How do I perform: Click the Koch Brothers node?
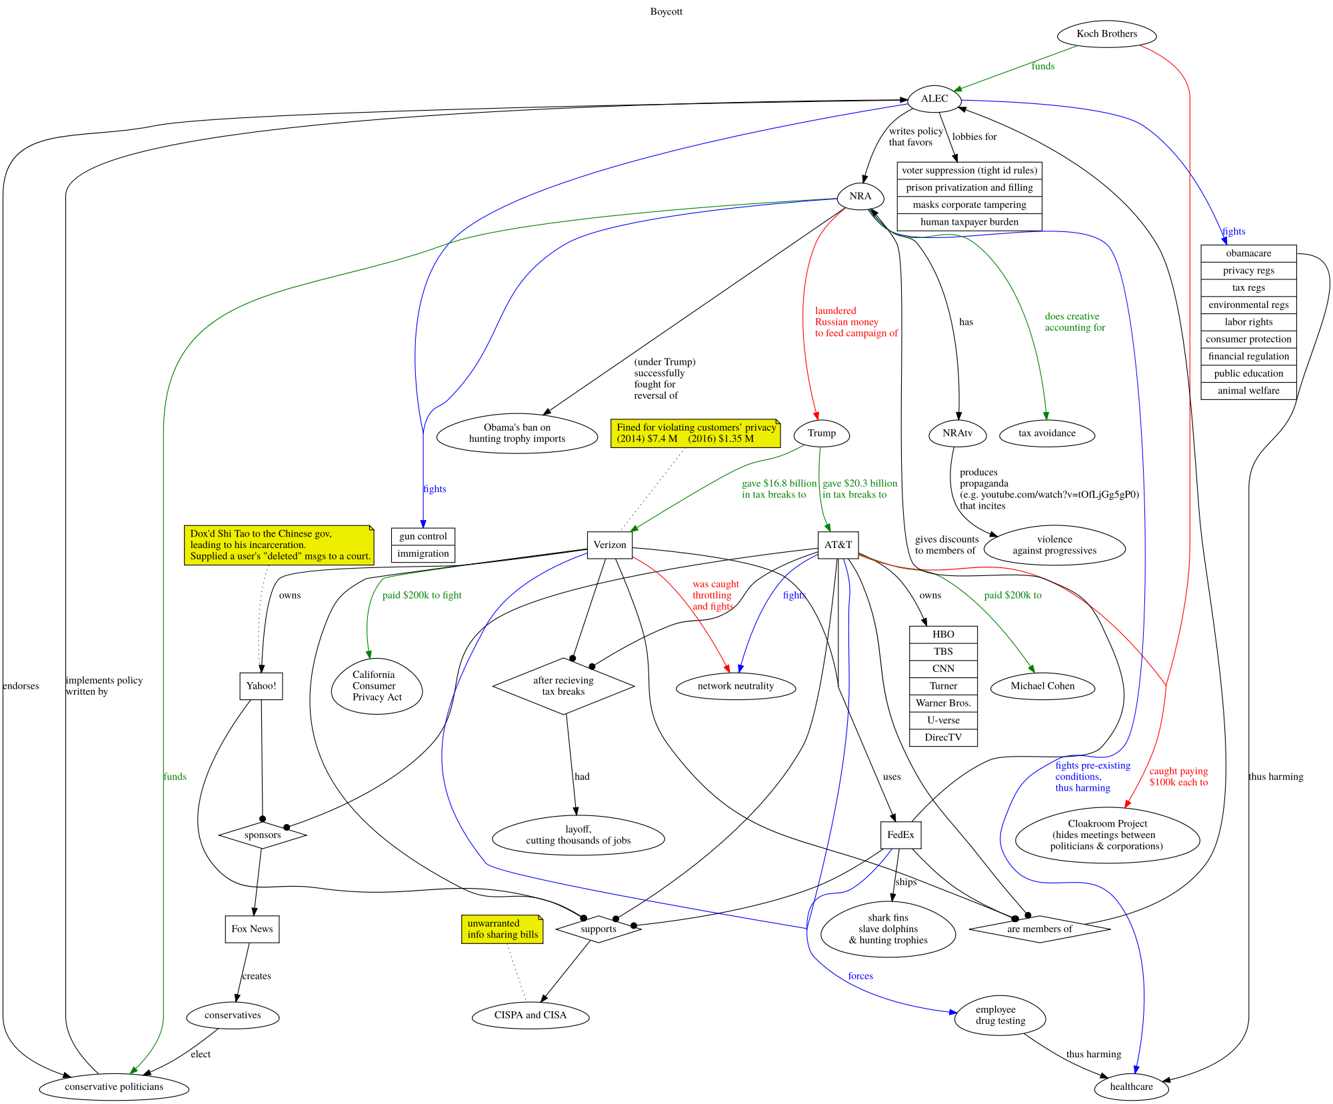coord(1106,34)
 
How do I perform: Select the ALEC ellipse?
coord(934,99)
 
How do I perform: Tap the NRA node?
coord(860,197)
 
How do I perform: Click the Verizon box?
coord(609,545)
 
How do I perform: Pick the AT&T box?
coord(838,545)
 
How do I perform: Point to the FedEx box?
coord(900,835)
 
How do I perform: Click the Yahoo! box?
coord(261,686)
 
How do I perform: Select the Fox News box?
coord(252,929)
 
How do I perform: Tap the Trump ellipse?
coord(821,433)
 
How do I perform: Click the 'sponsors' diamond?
coord(263,835)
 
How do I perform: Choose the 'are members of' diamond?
coord(1039,929)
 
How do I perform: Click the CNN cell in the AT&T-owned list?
coord(943,669)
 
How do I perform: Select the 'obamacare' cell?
coord(1248,253)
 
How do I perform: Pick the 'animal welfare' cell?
coord(1248,391)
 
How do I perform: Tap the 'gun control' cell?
coord(423,537)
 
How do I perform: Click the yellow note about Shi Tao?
coord(279,545)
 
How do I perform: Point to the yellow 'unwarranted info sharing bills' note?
coord(503,929)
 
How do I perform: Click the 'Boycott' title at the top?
coord(666,11)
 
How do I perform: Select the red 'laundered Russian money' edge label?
coord(856,322)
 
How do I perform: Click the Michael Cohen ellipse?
coord(1042,686)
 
